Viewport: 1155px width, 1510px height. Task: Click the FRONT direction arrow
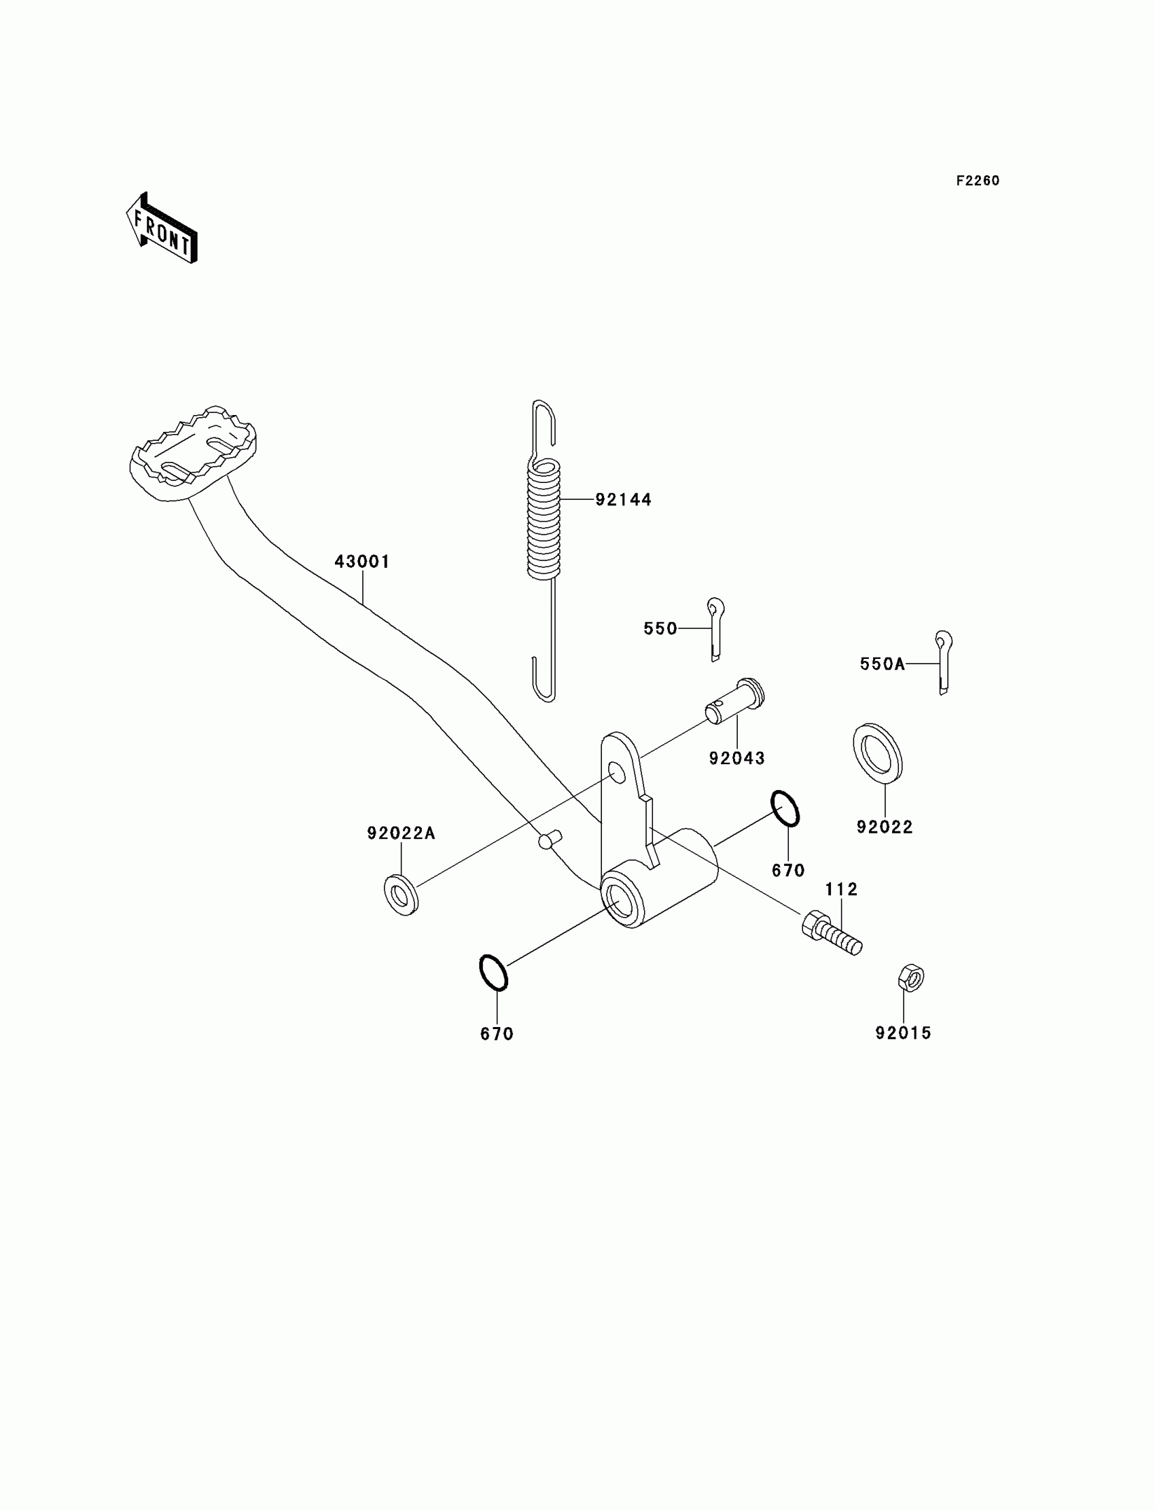[x=162, y=228]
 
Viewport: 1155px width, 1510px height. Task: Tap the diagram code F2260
[x=977, y=181]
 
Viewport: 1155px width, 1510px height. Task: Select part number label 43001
[x=361, y=562]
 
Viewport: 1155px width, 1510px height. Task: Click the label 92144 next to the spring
[x=623, y=500]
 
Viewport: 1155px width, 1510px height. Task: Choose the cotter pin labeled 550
[x=715, y=628]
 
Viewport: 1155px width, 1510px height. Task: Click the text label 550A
[x=882, y=664]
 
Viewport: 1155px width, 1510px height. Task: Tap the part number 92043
[x=736, y=758]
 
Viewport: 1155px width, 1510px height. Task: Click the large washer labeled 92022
[x=877, y=753]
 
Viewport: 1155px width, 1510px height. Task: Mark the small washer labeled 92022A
[x=401, y=895]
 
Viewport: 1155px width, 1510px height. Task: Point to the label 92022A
[x=401, y=833]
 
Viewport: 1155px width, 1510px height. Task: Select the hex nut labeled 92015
[x=910, y=977]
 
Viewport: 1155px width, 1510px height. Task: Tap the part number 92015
[x=903, y=1033]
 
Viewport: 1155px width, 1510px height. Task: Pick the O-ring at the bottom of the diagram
[x=494, y=973]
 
